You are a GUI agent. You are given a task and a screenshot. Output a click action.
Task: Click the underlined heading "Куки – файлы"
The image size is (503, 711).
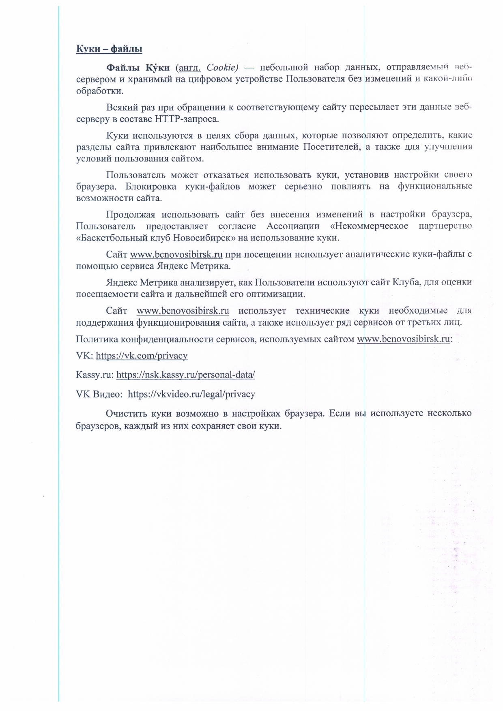109,49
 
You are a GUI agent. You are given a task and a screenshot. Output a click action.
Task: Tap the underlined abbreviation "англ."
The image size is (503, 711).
190,67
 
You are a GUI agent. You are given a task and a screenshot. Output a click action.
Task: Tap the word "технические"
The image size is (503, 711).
322,311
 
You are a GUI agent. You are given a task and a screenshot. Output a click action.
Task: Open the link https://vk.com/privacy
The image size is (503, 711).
142,356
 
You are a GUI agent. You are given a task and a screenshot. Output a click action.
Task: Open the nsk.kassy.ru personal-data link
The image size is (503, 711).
185,375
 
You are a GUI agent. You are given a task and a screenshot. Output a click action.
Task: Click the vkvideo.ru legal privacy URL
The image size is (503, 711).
191,394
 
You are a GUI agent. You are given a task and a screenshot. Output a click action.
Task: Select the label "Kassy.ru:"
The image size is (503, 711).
95,375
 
